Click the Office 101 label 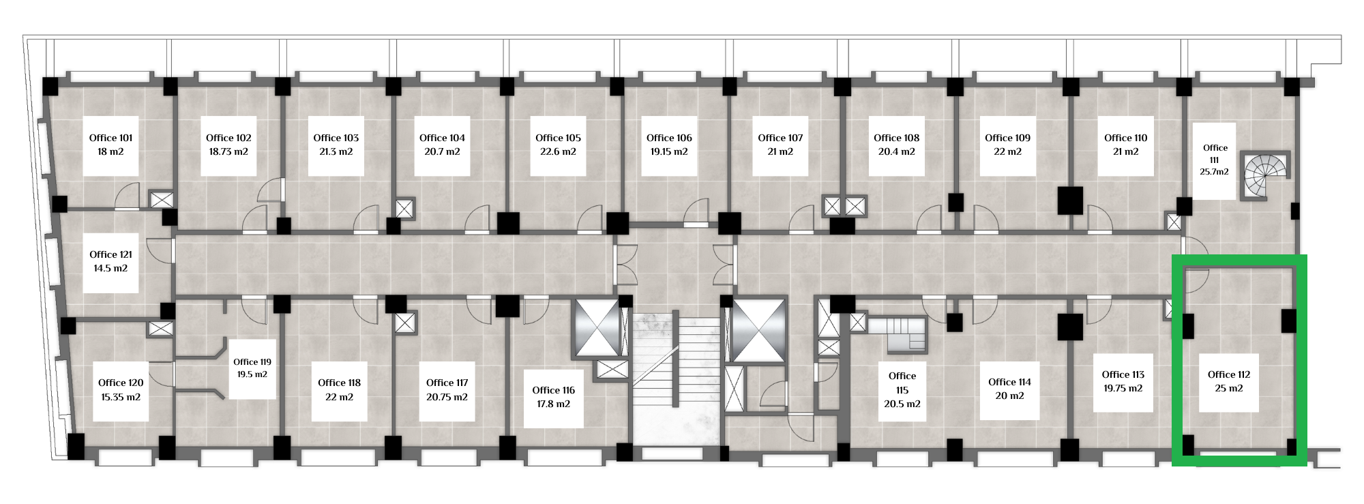point(110,138)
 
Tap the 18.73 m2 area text point(228,152)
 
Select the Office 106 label point(669,138)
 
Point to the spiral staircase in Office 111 point(1265,176)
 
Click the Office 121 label point(110,255)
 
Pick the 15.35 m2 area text point(121,397)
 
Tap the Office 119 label point(252,362)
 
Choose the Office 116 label point(553,390)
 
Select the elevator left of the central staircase point(597,327)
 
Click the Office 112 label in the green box point(1229,374)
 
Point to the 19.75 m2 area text point(1123,389)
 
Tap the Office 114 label point(1009,382)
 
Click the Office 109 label point(1007,138)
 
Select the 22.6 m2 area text point(558,152)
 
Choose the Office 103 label point(336,138)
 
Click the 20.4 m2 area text point(896,152)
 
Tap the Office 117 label point(447,383)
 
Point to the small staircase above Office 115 point(897,336)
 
